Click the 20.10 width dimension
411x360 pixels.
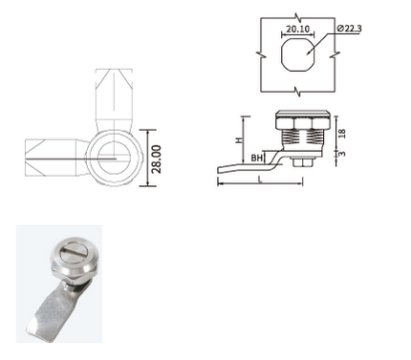point(297,29)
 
